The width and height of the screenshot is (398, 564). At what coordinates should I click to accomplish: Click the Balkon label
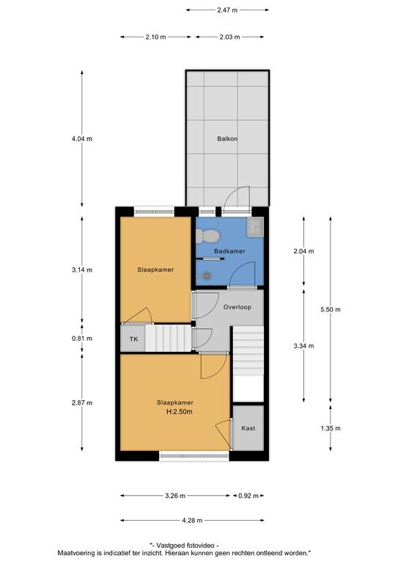coord(227,139)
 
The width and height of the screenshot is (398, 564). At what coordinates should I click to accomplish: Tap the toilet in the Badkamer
coord(207,236)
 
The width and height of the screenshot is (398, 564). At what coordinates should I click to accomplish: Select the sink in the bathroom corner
coord(255,227)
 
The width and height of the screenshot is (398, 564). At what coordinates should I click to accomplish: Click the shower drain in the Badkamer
coord(207,276)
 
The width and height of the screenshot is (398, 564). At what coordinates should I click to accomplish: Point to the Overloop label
coord(237,307)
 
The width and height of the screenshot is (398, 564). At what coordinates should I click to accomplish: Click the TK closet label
coord(133,339)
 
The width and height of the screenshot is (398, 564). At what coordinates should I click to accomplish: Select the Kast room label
coord(248,428)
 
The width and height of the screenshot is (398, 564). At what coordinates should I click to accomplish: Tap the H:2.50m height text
coord(180,412)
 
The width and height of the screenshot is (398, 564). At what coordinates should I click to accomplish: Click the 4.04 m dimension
coord(82,139)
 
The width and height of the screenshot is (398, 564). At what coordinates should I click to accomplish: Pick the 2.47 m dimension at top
coord(227,10)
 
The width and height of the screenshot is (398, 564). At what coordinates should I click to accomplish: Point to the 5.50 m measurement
coord(331,309)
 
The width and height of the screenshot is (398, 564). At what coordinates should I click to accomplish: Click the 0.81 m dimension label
coord(82,339)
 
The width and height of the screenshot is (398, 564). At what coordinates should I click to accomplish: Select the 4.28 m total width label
coord(192,520)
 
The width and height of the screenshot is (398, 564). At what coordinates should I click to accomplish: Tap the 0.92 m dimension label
coord(248,496)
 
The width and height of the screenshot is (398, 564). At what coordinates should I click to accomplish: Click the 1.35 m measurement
coord(331,428)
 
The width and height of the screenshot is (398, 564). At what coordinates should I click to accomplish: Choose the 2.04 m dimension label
coord(303,251)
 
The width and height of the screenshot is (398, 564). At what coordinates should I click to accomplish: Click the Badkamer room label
coord(229,251)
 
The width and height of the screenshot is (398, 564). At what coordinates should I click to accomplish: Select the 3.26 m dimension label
coord(175,496)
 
